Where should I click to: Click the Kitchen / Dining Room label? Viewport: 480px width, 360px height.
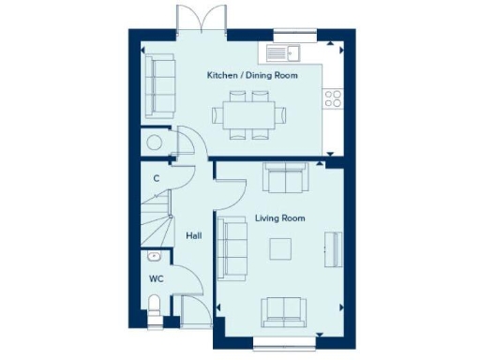[x=252, y=74]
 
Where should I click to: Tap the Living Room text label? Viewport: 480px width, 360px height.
[x=280, y=218]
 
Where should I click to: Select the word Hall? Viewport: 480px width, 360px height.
[x=194, y=236]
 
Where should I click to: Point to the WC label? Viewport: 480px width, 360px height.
[x=156, y=278]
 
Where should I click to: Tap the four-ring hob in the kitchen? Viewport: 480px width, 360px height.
[x=331, y=97]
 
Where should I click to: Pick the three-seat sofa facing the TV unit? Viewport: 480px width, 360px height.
[x=228, y=247]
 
